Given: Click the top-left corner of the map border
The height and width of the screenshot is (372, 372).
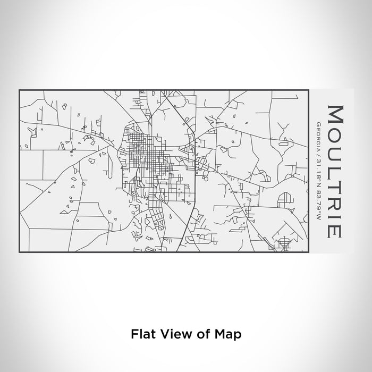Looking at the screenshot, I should point(20,90).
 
